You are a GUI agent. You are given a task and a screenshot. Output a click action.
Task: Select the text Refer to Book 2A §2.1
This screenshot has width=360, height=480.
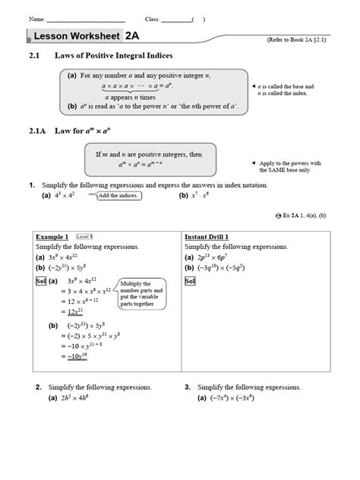point(307,38)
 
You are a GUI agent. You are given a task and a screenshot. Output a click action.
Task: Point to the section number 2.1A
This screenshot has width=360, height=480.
point(39,131)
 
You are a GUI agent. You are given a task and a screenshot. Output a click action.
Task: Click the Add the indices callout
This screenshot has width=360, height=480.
point(119,195)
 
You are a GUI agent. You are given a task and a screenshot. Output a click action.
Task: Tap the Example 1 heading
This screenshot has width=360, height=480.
point(52,237)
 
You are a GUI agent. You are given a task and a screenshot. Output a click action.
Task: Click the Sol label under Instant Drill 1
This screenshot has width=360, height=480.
point(190,280)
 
